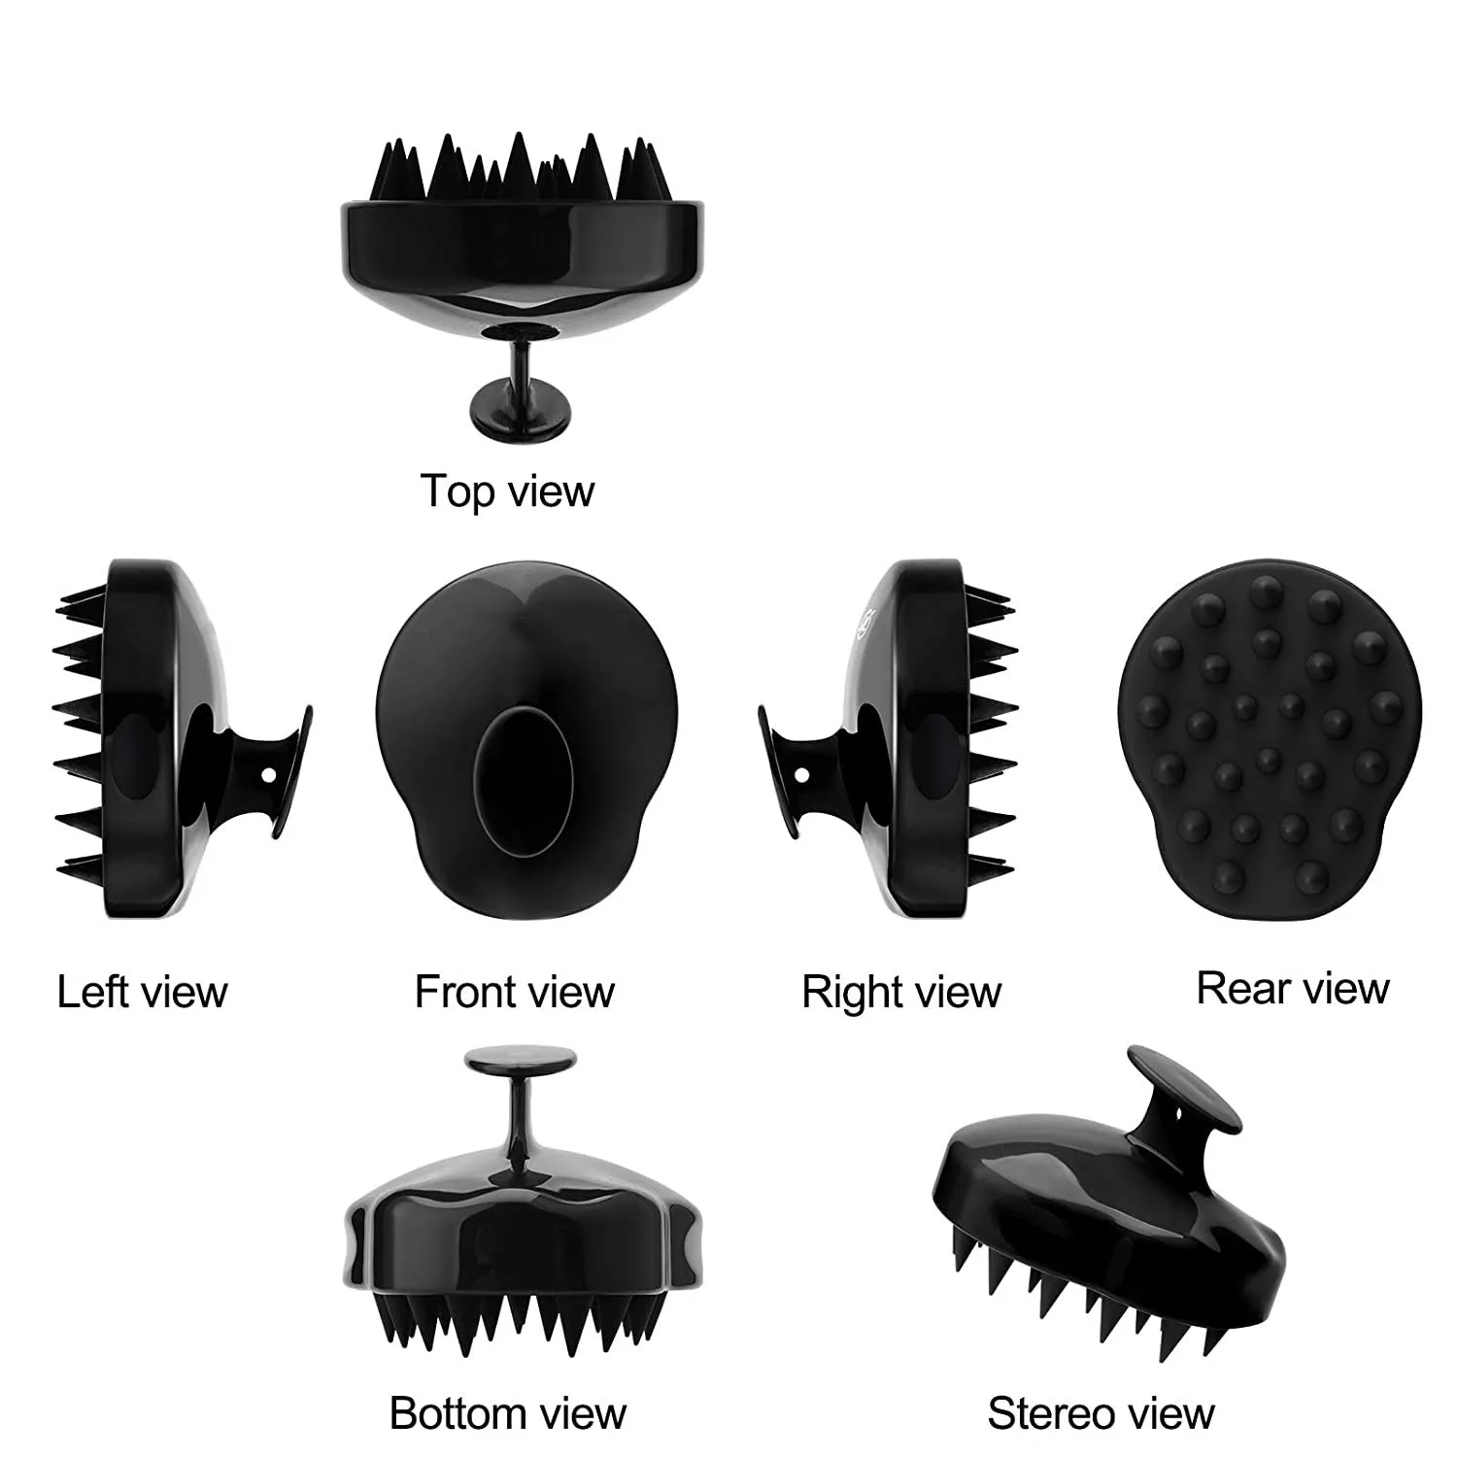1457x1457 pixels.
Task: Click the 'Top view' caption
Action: (x=507, y=491)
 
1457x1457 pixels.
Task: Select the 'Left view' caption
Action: (x=142, y=992)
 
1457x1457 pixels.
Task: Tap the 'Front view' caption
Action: (x=515, y=992)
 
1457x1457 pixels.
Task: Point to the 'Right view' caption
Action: (x=901, y=992)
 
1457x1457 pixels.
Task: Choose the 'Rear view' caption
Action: (x=1293, y=988)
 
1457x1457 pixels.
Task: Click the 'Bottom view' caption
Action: (x=508, y=1412)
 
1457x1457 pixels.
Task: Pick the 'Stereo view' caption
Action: (x=1101, y=1412)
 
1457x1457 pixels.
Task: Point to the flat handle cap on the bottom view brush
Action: (x=519, y=1061)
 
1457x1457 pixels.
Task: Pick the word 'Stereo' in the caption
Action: (x=1044, y=1412)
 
